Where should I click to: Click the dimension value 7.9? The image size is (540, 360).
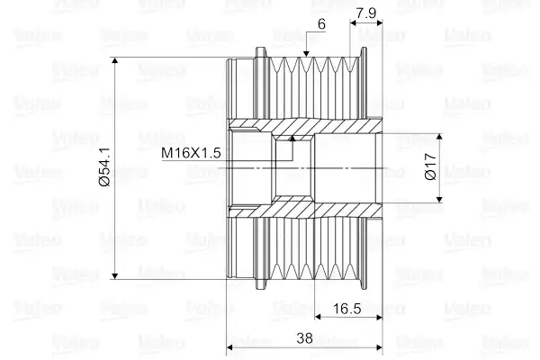coord(366,13)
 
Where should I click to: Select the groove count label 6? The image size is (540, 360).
coord(321,24)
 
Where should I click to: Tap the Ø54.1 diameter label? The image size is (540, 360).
coord(104,167)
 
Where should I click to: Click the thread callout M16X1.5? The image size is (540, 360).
coord(191,153)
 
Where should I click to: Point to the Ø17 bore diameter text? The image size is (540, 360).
coord(430,166)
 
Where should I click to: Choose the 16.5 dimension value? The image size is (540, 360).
coord(346,309)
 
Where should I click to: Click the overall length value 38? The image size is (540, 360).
coord(304,338)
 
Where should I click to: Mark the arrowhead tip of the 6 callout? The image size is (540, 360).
coord(306,57)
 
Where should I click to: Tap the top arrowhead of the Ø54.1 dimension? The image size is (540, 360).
coord(115,58)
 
